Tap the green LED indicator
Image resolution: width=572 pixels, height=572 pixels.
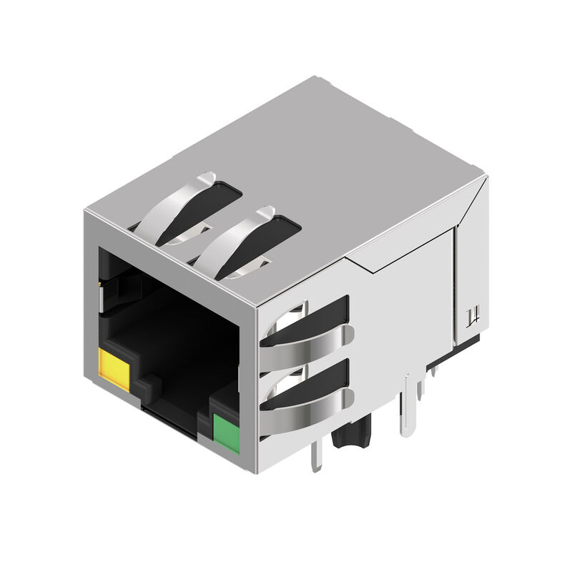coord(227,432)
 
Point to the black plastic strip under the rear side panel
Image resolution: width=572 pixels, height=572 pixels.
coord(468,342)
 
